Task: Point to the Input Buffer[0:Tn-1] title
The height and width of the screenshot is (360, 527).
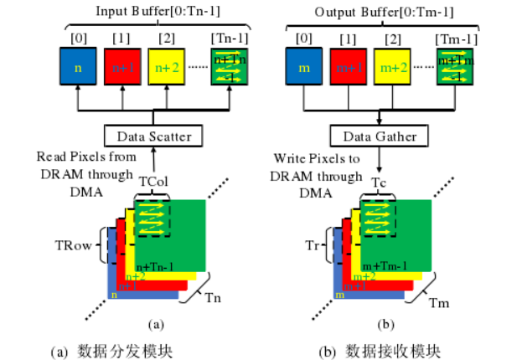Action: point(155,12)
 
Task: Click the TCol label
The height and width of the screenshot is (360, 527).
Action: point(151,181)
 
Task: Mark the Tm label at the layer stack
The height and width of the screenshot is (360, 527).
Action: point(439,301)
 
